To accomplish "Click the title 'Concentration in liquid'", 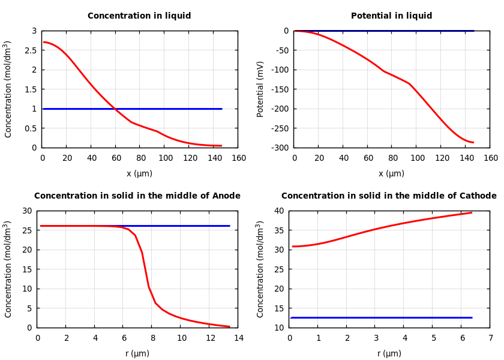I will pyautogui.click(x=139, y=16).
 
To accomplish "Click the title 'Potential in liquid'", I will pyautogui.click(x=391, y=16).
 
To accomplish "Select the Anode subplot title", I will pyautogui.click(x=137, y=196).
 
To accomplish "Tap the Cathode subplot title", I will pyautogui.click(x=389, y=196).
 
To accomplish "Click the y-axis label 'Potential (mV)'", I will pyautogui.click(x=260, y=89).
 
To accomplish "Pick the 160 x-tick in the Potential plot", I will pyautogui.click(x=490, y=158).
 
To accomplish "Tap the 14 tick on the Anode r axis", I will pyautogui.click(x=238, y=338).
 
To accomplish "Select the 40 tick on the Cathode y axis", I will pyautogui.click(x=280, y=211).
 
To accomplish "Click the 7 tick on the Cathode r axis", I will pyautogui.click(x=490, y=338).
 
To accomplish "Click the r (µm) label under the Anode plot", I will pyautogui.click(x=137, y=353).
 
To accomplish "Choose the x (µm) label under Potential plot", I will pyautogui.click(x=391, y=173).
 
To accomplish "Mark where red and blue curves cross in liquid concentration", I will pyautogui.click(x=115, y=109).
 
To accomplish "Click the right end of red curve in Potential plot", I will pyautogui.click(x=473, y=142).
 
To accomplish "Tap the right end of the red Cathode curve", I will pyautogui.click(x=472, y=212).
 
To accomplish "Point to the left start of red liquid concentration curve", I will pyautogui.click(x=43, y=42).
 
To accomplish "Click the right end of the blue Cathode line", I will pyautogui.click(x=472, y=317).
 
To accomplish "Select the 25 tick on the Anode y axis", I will pyautogui.click(x=27, y=230).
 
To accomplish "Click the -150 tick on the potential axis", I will pyautogui.click(x=280, y=89).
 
